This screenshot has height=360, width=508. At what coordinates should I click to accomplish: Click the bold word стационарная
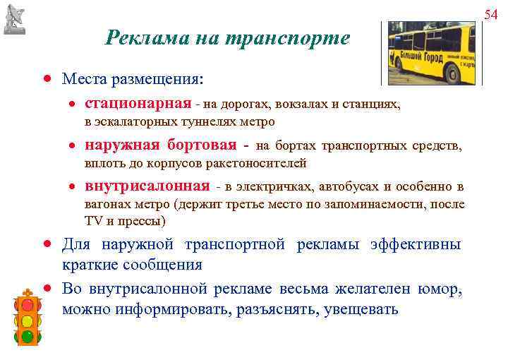[138, 104]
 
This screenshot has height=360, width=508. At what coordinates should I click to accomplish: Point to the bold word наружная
[122, 146]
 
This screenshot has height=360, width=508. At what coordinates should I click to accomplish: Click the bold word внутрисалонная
[147, 187]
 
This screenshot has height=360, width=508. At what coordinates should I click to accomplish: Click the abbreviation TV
[94, 221]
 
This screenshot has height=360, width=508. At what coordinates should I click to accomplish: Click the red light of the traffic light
[28, 305]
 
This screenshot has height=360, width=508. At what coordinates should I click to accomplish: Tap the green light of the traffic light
[28, 337]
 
